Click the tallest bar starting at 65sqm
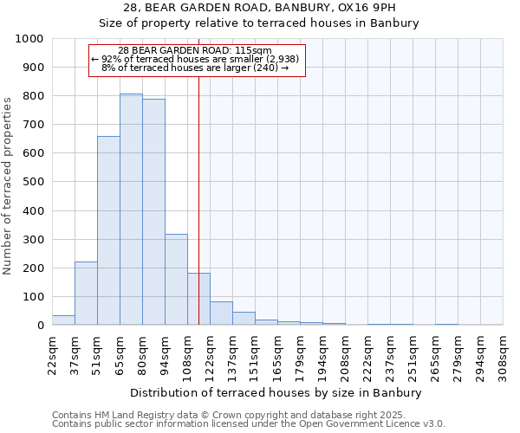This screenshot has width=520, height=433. (131, 210)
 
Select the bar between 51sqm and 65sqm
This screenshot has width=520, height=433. (108, 230)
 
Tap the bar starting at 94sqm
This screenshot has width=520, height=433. (176, 280)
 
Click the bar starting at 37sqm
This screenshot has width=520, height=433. (86, 294)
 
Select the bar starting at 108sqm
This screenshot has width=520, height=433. (198, 300)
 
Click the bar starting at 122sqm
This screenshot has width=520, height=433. (221, 313)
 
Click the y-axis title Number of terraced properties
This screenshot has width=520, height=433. (8, 185)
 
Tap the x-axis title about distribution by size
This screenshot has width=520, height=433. (277, 392)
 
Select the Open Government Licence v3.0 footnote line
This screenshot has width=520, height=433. (249, 424)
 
